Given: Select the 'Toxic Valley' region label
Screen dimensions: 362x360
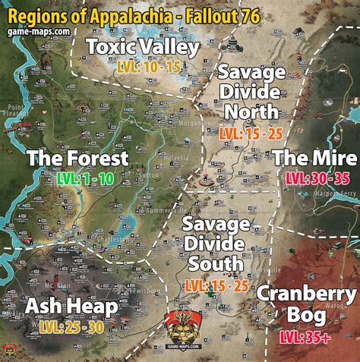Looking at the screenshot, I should [143, 48].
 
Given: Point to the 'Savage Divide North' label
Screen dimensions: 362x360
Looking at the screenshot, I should [251, 93].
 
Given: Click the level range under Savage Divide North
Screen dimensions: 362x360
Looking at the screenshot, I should [251, 133].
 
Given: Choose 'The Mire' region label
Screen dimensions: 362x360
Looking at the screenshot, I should [314, 158].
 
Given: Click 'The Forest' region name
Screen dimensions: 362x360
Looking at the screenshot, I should [77, 158].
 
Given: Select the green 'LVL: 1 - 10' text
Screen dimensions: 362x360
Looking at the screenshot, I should [85, 178].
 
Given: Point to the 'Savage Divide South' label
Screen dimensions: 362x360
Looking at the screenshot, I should [216, 244].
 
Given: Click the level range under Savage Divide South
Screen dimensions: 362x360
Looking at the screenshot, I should [216, 285].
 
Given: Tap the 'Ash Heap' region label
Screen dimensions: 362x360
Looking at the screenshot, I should [71, 306].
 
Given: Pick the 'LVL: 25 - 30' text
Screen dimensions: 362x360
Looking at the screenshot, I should [72, 327].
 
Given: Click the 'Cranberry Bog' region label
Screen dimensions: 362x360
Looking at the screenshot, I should [306, 304].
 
